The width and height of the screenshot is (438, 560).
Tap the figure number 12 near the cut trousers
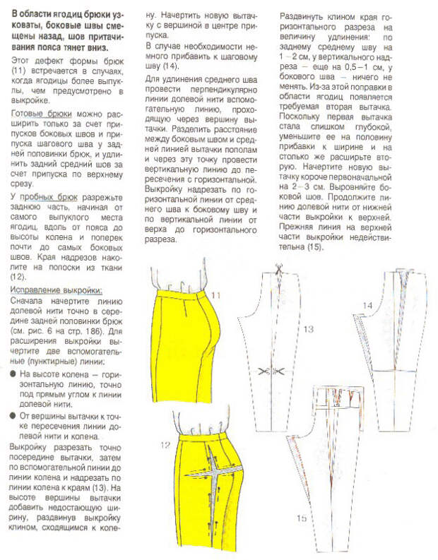coord(165,444)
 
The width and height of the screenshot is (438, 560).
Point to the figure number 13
coord(307,329)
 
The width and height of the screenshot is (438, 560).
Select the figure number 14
coord(367,305)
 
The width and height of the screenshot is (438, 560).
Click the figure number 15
coord(302,518)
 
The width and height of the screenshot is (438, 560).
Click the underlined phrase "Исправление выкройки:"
coord(56,290)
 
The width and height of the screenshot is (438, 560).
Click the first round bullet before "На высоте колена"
coord(13,374)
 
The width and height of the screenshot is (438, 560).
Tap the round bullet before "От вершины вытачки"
coord(13,415)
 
